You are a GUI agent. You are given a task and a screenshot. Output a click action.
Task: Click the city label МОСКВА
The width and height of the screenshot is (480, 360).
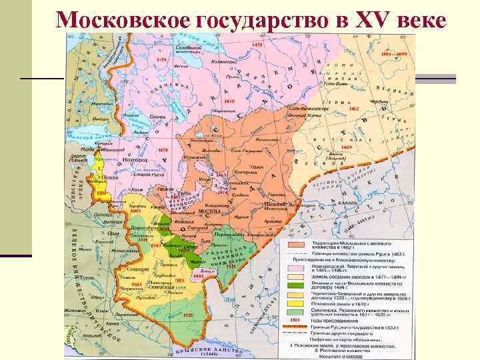211,212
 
